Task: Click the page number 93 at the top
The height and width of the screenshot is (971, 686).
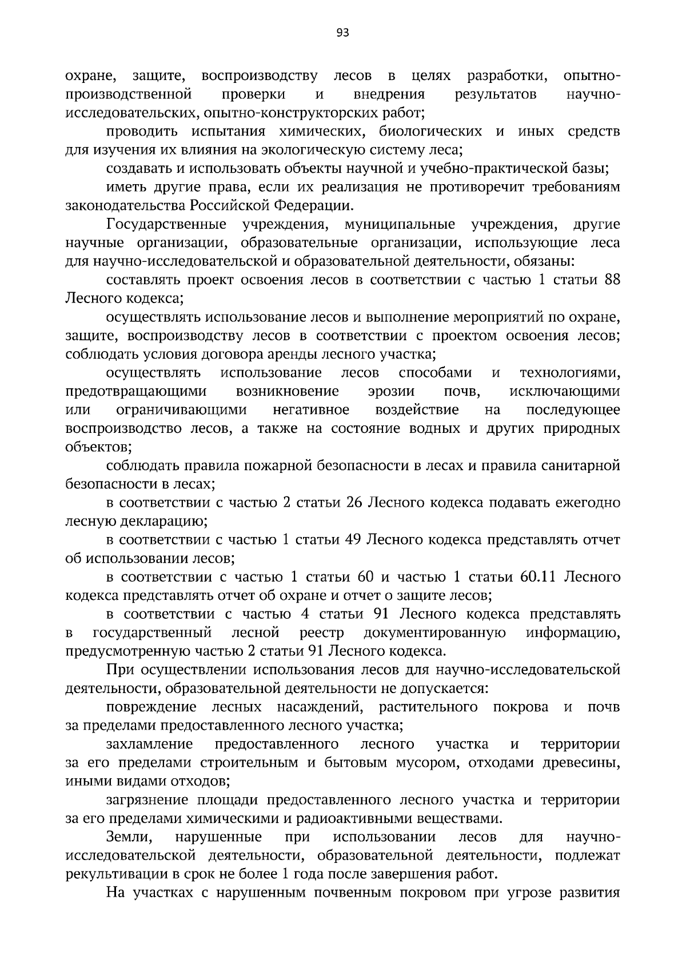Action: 342,33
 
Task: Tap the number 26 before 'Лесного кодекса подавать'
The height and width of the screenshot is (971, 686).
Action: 356,503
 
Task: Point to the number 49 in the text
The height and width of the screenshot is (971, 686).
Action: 352,540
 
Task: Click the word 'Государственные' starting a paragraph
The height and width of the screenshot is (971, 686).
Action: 166,224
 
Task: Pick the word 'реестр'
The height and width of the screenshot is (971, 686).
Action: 322,633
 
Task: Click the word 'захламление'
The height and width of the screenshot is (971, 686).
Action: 149,744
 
